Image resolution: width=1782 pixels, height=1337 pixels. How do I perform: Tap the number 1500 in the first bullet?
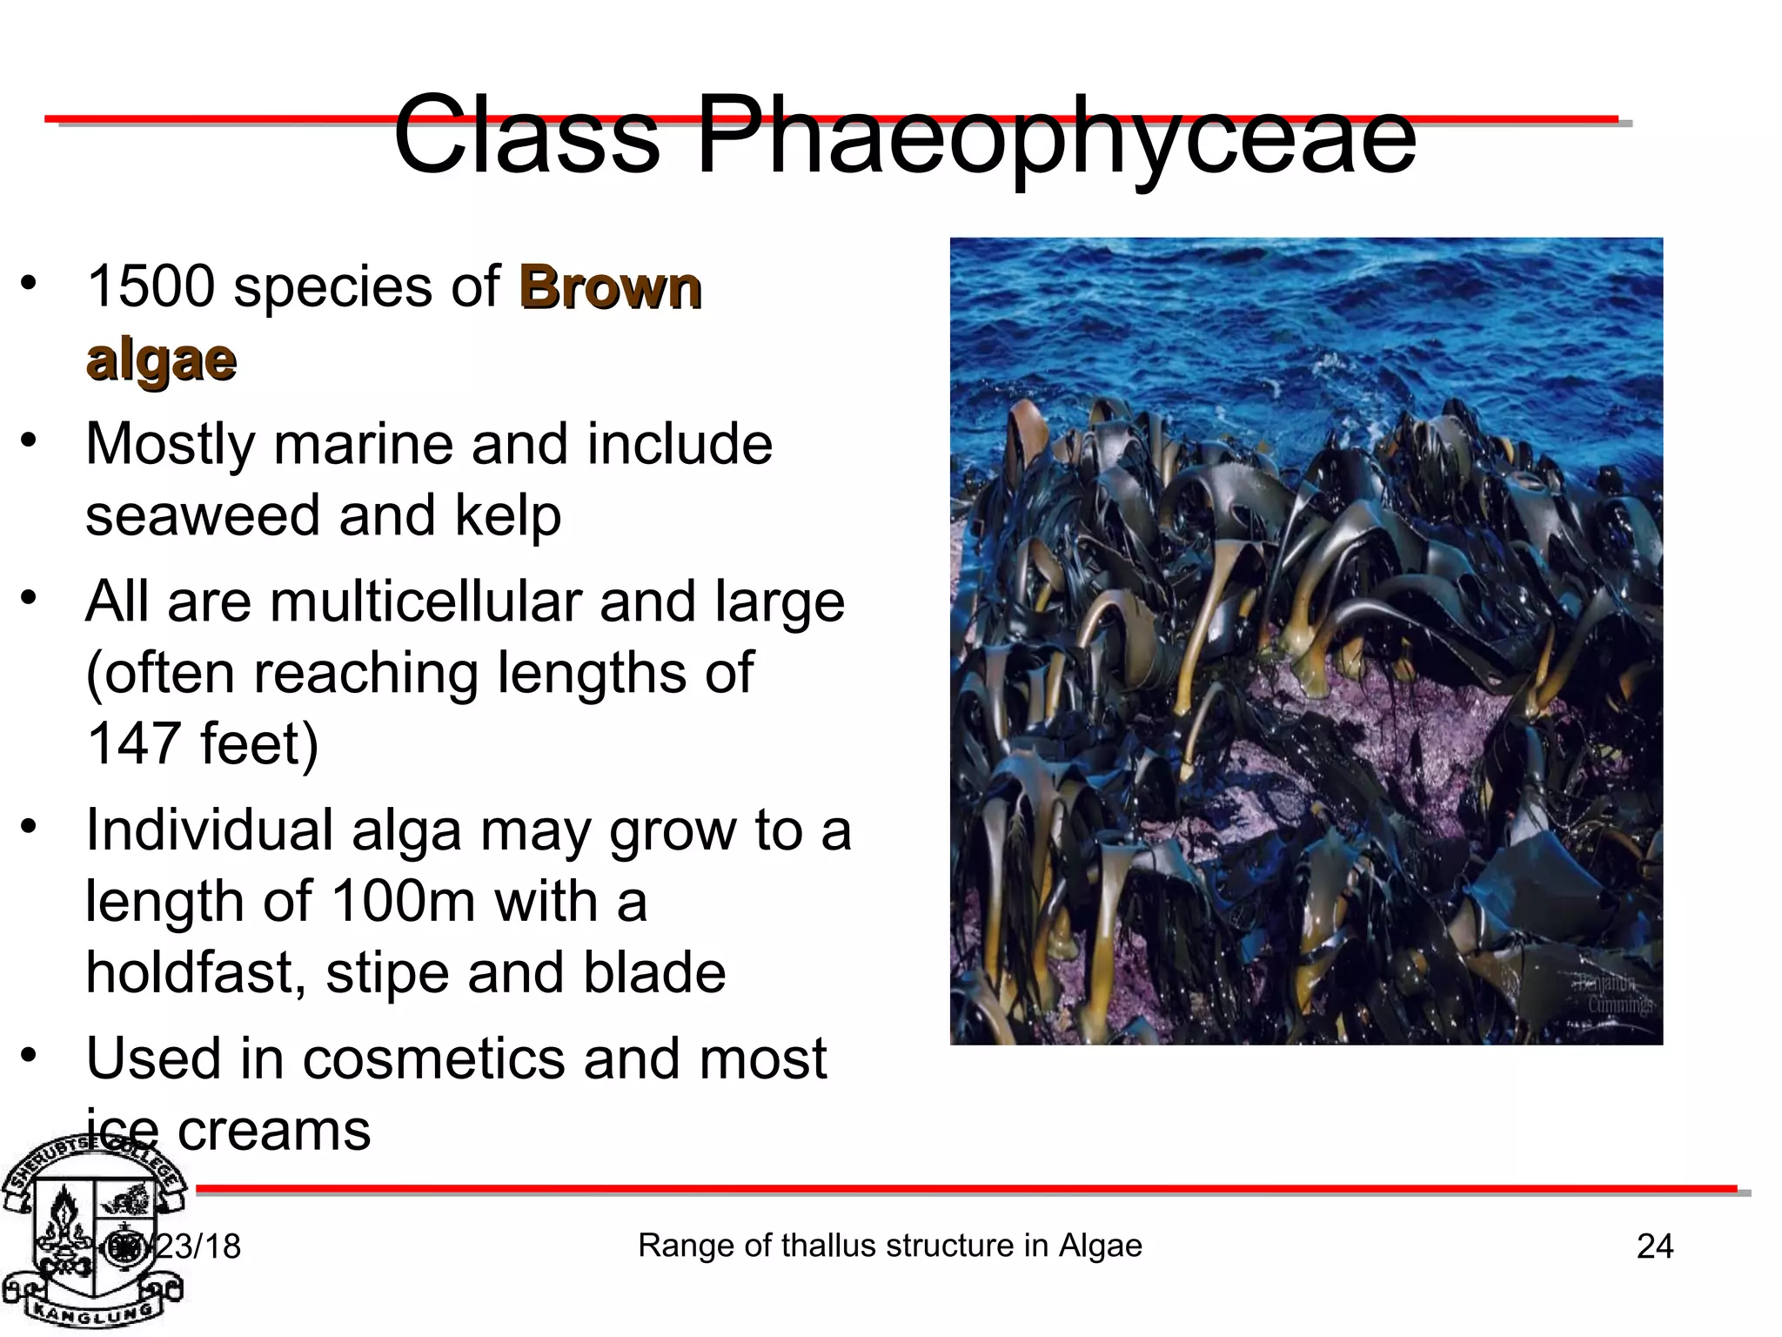151,286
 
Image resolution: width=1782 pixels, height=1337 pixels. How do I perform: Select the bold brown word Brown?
610,288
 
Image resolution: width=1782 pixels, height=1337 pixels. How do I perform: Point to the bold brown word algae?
161,359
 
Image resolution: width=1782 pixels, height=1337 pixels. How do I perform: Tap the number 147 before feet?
132,744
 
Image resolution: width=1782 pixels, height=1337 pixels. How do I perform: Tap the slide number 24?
1655,1246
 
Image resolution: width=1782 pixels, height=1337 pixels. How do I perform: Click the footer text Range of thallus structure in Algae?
889,1246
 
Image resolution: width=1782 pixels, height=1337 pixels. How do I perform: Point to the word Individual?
209,830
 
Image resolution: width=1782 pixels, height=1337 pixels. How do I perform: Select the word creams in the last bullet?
274,1131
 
